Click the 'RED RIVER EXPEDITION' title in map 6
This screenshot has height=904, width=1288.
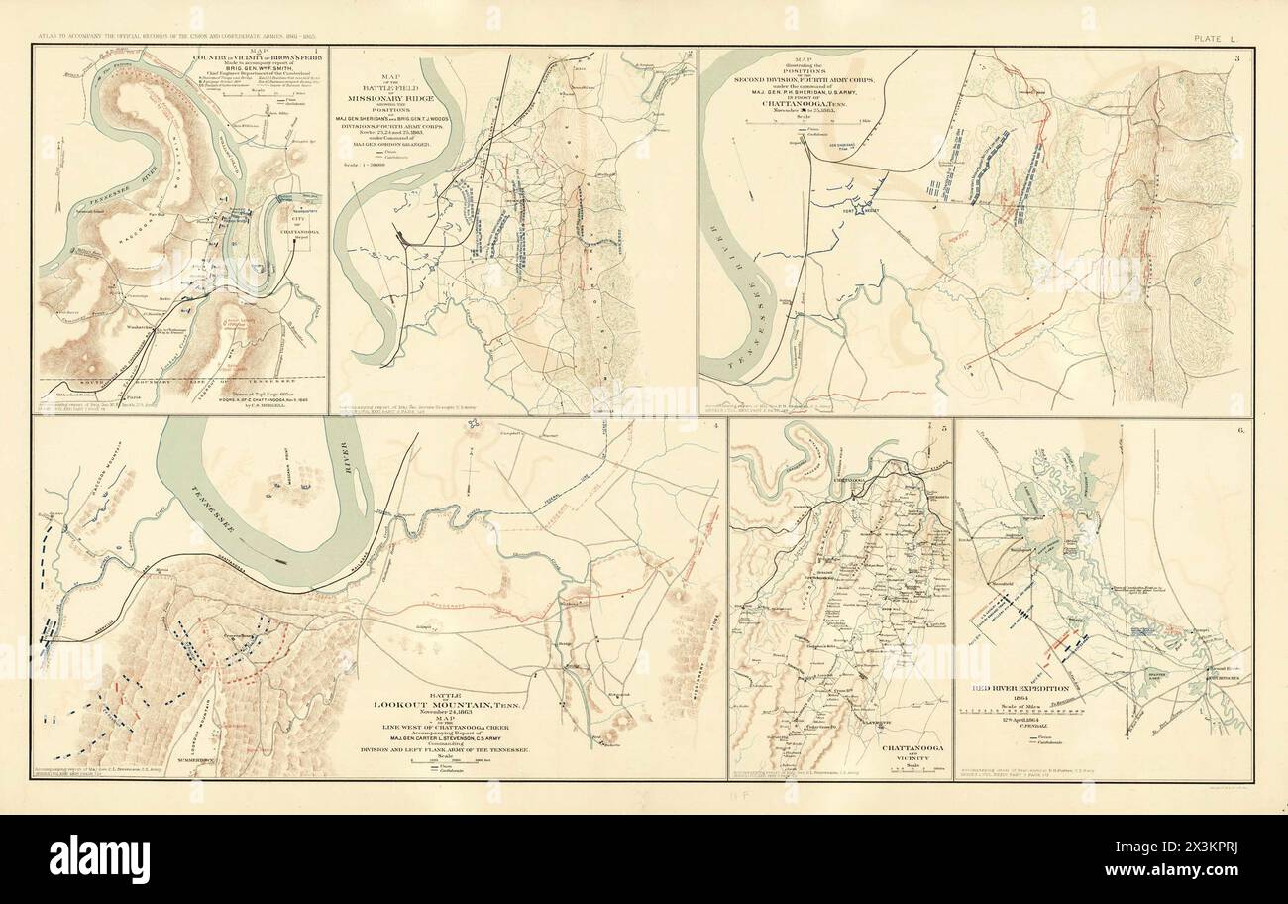coord(1012,688)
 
